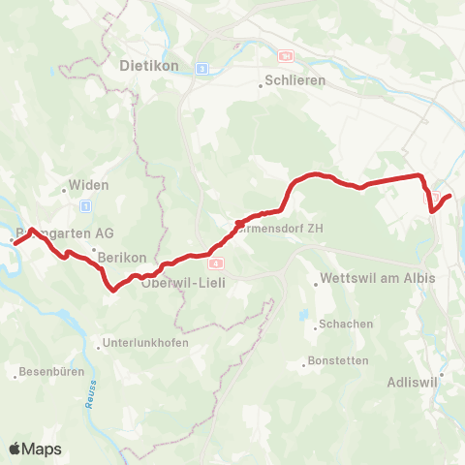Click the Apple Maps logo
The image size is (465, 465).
(x=34, y=449)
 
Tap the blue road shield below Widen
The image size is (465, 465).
(x=86, y=205)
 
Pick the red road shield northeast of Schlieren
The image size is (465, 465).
(x=285, y=56)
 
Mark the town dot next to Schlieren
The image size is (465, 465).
(x=261, y=84)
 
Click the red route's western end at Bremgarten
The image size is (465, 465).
(x=15, y=242)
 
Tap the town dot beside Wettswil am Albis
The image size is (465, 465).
(x=317, y=284)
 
